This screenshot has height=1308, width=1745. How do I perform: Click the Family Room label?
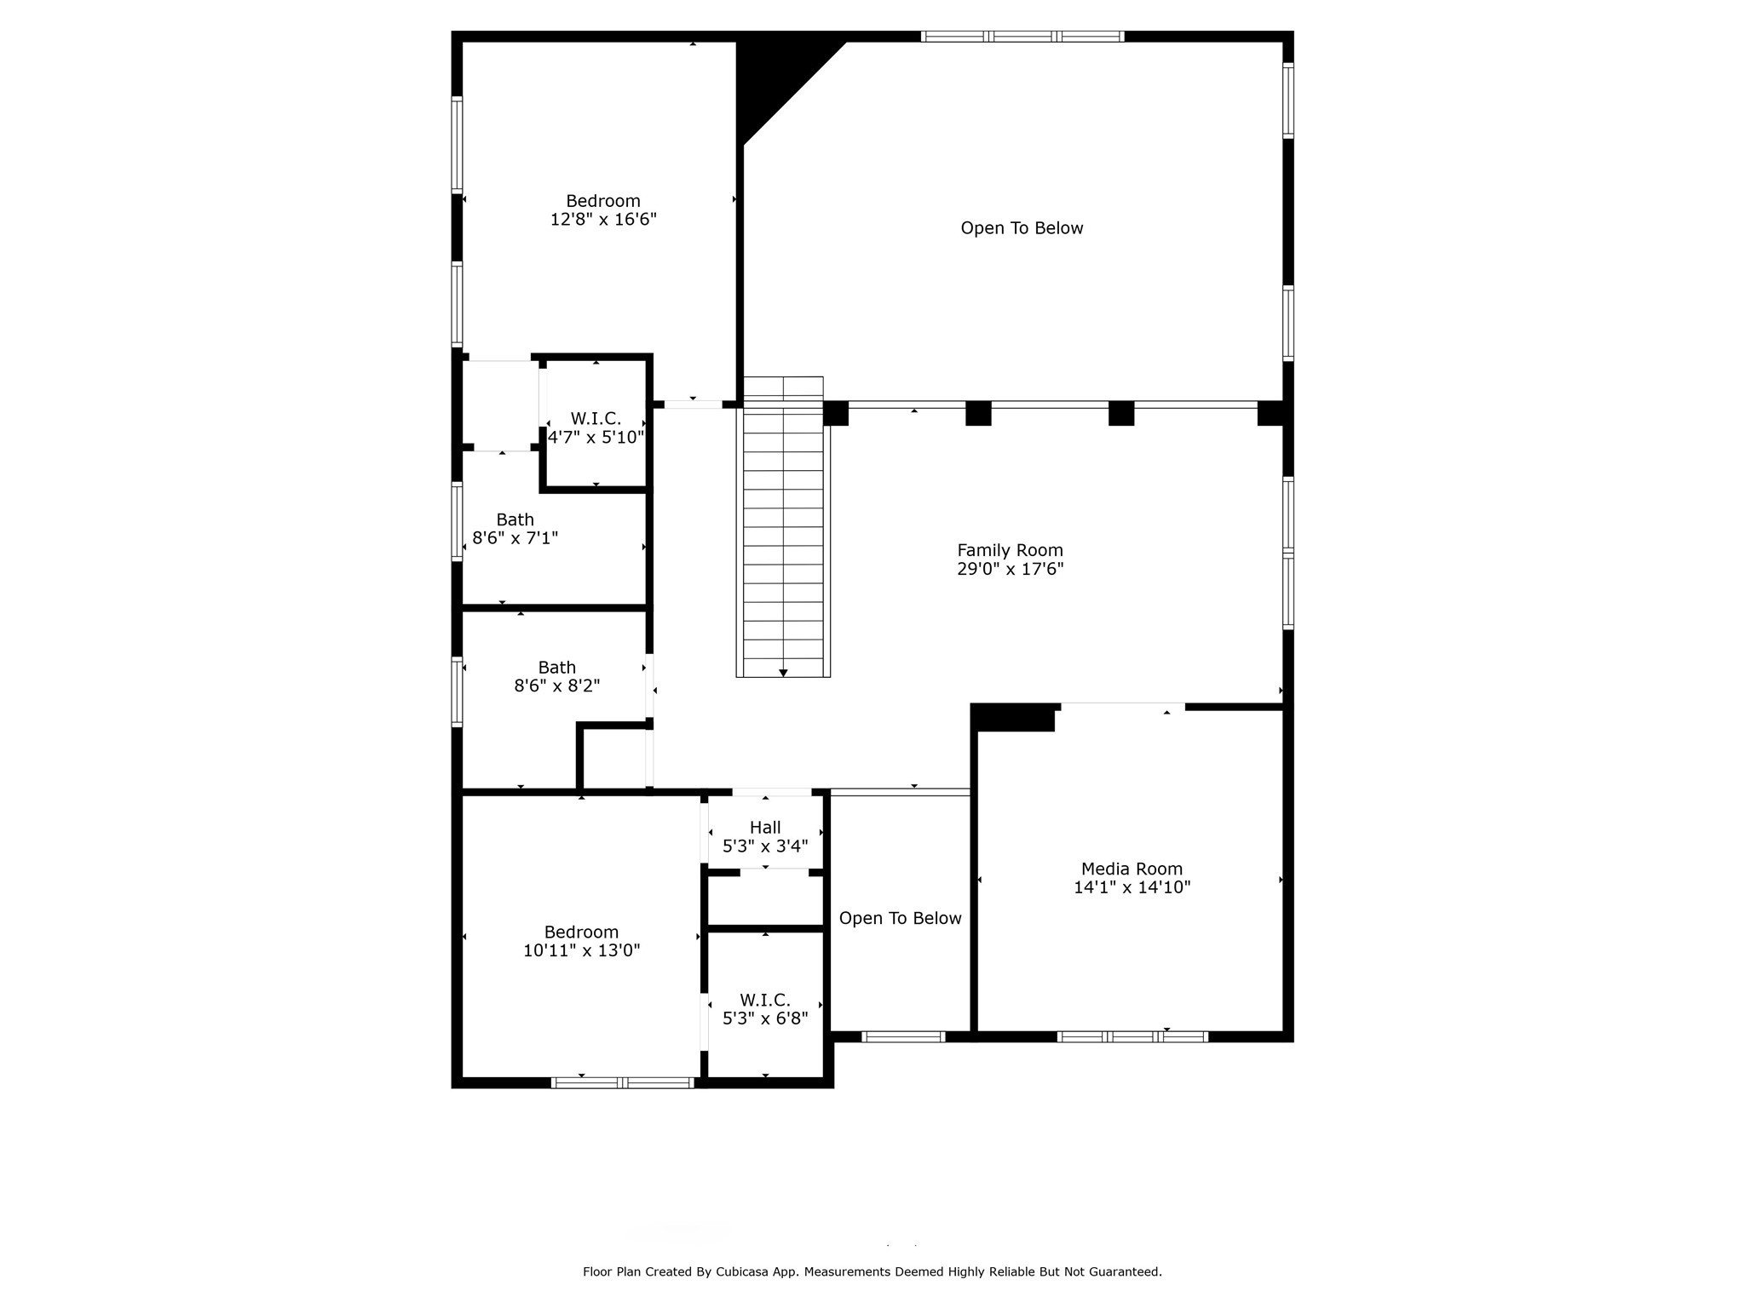[1010, 550]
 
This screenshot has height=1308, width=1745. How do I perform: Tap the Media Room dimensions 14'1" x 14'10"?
[1132, 887]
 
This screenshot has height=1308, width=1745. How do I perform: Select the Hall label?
[765, 828]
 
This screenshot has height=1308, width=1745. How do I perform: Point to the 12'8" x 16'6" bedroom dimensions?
[603, 220]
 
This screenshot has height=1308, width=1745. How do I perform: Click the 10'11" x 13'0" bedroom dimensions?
[581, 950]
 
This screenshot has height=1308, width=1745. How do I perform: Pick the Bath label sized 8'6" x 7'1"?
[515, 519]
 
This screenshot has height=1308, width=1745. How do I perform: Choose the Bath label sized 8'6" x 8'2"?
[556, 668]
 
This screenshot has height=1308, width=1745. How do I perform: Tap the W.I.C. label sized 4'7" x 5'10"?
[596, 419]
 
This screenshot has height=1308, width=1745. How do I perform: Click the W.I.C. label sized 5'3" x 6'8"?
[764, 1000]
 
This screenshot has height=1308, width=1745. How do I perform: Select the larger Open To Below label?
[1022, 228]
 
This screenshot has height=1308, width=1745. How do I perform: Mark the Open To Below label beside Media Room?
[900, 918]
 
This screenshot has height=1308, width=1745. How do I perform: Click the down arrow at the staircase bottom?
[783, 673]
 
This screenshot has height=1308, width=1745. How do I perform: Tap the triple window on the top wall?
[1022, 37]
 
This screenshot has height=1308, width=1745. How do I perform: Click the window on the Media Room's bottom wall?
[1132, 1036]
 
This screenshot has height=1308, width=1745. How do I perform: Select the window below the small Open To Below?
[903, 1036]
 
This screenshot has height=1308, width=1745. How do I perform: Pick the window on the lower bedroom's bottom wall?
[623, 1082]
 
